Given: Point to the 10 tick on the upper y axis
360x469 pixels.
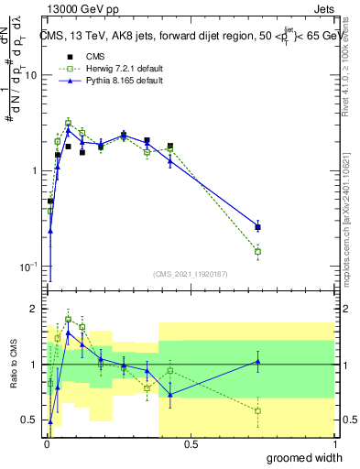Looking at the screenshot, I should (32, 76).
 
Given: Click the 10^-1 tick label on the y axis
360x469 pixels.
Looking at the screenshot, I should (29, 267).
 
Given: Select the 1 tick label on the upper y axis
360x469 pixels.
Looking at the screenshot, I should (35, 171).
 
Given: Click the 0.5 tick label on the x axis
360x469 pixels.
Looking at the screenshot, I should (191, 443).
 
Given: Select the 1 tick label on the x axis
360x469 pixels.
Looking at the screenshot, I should (334, 443).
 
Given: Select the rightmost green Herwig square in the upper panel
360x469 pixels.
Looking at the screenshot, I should (258, 251).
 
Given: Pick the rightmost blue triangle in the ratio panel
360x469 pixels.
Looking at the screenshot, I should (258, 361).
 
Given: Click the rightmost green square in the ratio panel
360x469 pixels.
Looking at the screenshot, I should (258, 410).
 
